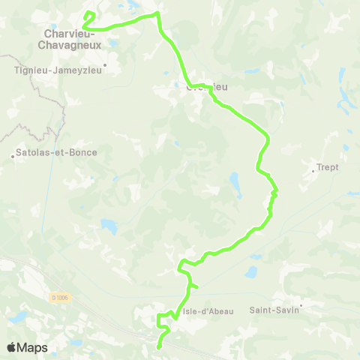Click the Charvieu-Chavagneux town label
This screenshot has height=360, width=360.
click(73, 39)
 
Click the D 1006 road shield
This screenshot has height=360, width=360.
click(60, 297)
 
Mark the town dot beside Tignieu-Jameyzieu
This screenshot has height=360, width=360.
click(106, 64)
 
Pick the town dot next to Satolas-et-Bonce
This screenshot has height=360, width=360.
click(13, 156)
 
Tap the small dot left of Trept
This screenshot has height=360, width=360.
click(313, 170)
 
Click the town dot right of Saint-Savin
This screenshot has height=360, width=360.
click(301, 305)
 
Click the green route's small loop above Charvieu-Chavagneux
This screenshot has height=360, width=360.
click(88, 16)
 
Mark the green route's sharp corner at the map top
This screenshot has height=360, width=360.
click(157, 13)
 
